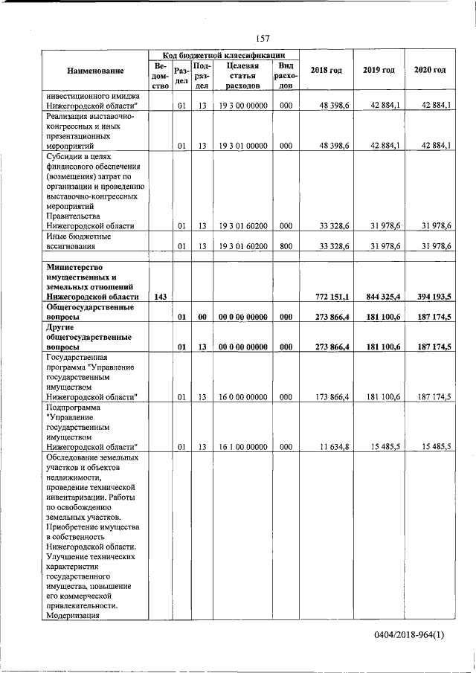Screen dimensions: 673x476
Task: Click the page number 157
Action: coord(262,38)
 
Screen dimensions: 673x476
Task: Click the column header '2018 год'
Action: coord(327,70)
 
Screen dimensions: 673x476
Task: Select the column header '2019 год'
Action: coord(379,70)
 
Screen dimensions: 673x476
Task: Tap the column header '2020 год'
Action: coord(430,70)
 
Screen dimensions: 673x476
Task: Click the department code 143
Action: coord(159,297)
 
